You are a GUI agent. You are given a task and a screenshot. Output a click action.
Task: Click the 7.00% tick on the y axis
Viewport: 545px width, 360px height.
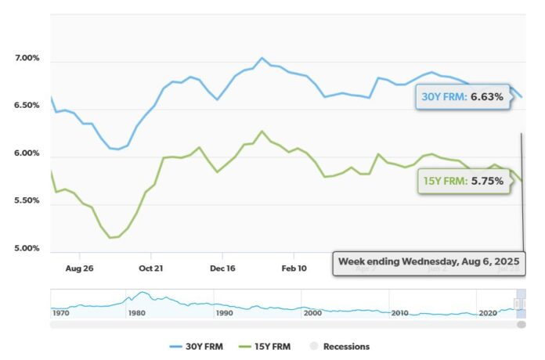pos(27,59)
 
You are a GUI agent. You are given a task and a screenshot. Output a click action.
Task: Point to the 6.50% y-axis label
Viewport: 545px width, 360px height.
pos(27,106)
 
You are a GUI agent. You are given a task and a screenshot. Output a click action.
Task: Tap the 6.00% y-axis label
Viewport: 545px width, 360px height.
pos(27,153)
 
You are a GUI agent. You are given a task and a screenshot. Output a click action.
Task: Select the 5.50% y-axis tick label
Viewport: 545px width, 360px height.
pos(27,201)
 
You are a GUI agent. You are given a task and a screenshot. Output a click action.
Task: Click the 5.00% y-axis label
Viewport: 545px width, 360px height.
pos(27,249)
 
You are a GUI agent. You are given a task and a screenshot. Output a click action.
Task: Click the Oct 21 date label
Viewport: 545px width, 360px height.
pos(150,268)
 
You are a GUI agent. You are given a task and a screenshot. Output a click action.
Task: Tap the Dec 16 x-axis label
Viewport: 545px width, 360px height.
pos(222,268)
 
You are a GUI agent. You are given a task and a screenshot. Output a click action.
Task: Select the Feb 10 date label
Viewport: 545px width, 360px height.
pos(294,268)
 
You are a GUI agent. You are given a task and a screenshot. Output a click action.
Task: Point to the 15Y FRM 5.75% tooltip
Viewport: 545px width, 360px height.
pos(464,181)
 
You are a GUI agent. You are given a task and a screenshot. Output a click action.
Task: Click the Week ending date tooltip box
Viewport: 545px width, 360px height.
pos(428,262)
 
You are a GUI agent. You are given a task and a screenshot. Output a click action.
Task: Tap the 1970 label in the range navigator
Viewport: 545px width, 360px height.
pos(61,314)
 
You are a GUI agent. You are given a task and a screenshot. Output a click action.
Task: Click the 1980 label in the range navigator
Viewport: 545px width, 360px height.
pos(136,314)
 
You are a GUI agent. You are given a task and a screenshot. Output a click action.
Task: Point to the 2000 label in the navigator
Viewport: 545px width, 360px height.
pos(312,314)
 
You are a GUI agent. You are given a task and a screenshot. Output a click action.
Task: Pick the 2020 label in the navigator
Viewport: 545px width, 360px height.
pos(488,314)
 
